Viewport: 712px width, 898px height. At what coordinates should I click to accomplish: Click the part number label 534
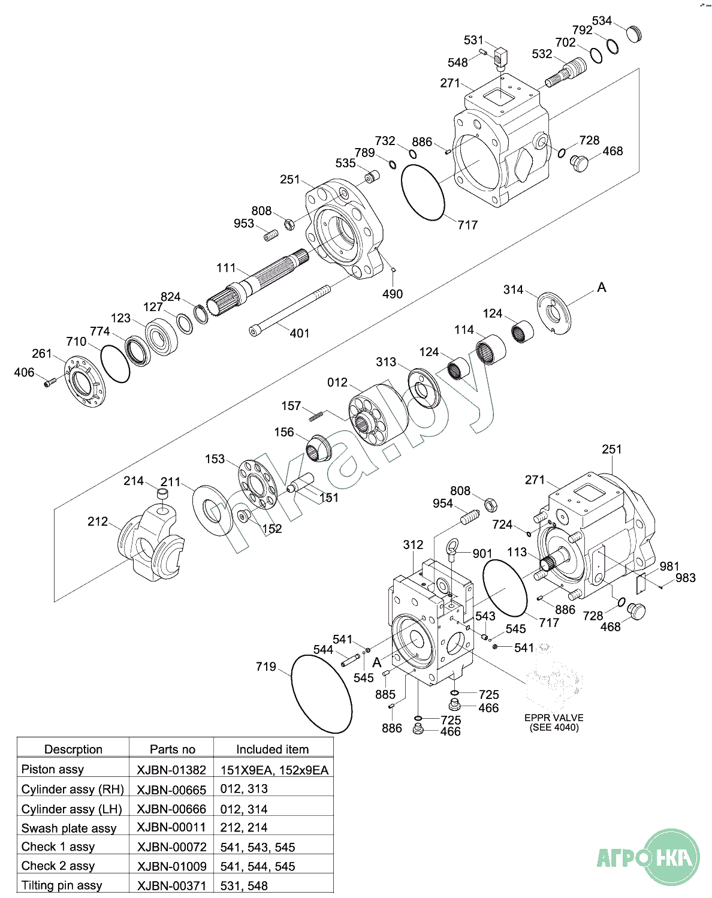(x=602, y=21)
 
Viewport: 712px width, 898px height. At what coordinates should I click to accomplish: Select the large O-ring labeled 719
(x=321, y=694)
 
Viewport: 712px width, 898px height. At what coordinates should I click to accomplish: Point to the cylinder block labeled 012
(x=378, y=413)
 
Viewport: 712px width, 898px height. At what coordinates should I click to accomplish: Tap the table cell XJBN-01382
(x=171, y=770)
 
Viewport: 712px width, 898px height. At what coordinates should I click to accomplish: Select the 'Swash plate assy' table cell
(x=69, y=828)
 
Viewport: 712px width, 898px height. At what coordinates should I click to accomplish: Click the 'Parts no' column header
(x=172, y=749)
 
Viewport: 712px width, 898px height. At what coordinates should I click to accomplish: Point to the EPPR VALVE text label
(x=553, y=718)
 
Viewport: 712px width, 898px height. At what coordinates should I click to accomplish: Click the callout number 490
(x=393, y=294)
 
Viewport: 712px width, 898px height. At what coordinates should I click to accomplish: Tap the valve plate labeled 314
(x=554, y=312)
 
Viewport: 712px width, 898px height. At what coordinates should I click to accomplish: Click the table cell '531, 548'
(x=244, y=885)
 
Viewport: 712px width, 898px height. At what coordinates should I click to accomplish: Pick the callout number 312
(x=413, y=544)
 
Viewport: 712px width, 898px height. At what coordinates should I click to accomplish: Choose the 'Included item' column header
(x=272, y=749)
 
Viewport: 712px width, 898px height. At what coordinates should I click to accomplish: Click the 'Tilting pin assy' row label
(x=62, y=885)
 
